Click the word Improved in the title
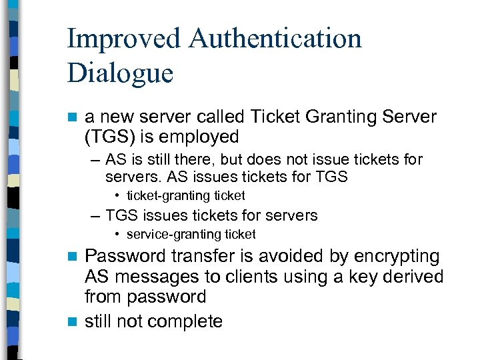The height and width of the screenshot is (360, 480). point(123,39)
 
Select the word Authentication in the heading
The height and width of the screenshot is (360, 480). point(275,39)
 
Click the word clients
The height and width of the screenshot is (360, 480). point(246,277)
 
